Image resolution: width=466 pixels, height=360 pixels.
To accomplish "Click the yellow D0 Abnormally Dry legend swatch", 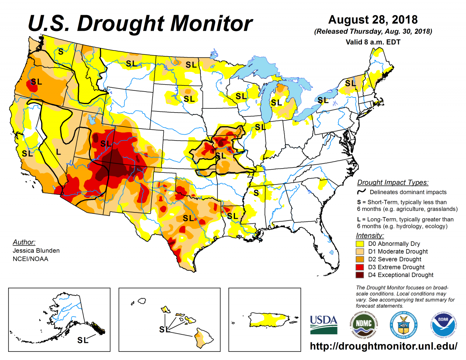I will tap(361, 244).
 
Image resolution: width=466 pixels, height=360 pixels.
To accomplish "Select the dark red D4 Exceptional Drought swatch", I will tap(361, 275).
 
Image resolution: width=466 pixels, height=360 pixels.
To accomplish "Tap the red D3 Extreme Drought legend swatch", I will tap(361, 267).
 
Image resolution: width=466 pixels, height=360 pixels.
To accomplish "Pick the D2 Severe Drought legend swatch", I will tap(361, 259).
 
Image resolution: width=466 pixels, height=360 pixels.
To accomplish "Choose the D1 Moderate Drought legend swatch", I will tap(361, 252).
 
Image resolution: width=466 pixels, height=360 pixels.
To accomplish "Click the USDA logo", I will tap(323, 324).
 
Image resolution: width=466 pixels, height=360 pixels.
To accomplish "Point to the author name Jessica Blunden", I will tap(31, 250).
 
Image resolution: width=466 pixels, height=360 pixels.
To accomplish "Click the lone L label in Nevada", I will tap(59, 151).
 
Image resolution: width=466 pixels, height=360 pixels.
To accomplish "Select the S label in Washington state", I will tap(61, 51).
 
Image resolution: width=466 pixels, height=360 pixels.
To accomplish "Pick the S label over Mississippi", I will tap(256, 192).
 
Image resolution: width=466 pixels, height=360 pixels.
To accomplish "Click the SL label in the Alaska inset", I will tap(83, 340).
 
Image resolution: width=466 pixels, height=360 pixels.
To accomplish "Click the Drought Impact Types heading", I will tap(393, 183).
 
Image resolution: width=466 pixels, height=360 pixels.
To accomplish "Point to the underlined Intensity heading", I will tap(370, 236).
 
